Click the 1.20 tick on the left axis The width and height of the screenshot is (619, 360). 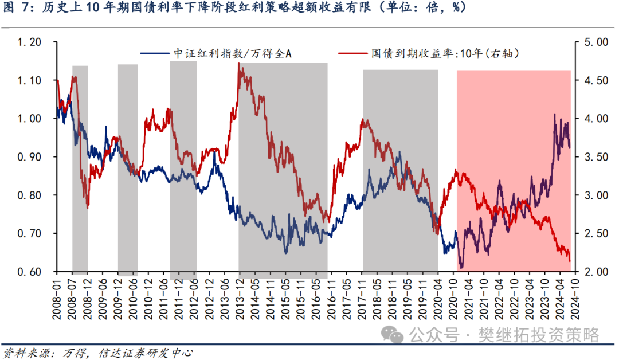(29, 42)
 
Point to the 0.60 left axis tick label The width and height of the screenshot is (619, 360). (29, 272)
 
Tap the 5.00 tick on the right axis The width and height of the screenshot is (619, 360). (596, 42)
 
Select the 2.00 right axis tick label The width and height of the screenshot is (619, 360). (596, 272)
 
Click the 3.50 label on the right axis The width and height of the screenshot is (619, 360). (596, 157)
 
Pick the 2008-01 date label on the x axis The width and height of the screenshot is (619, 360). (57, 298)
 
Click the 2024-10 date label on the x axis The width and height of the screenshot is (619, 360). (575, 298)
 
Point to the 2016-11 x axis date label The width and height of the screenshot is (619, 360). (331, 298)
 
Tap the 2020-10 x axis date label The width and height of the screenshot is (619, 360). (453, 298)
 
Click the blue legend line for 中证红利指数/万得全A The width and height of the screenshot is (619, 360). (155, 53)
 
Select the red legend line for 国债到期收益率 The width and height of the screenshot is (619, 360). (352, 53)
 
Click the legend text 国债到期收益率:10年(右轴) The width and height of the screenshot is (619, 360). (445, 53)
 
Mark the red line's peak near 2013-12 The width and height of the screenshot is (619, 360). (239, 64)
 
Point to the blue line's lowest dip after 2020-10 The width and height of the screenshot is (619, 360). (461, 268)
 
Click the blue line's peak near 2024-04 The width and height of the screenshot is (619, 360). (555, 115)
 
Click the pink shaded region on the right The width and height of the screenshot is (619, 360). (514, 171)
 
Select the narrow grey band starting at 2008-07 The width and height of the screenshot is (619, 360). (80, 170)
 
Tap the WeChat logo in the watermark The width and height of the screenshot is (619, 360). (392, 335)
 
